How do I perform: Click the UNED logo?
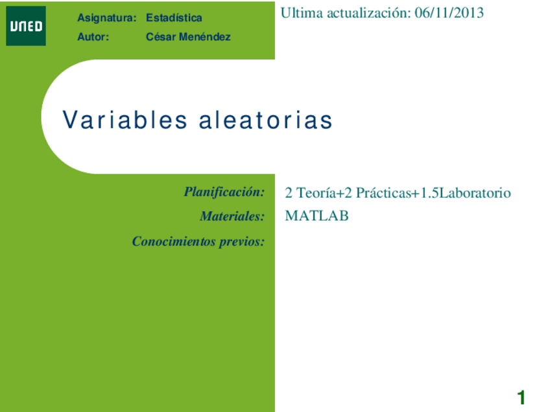(26, 26)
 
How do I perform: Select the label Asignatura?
(106, 18)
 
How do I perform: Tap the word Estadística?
(174, 18)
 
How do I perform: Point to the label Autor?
(93, 37)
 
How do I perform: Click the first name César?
(160, 37)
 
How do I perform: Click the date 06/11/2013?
(449, 13)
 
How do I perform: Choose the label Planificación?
(224, 192)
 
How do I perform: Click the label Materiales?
(232, 216)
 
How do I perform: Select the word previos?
(243, 242)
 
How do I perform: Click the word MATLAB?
(317, 216)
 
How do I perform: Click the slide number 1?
(521, 397)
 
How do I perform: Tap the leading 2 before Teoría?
(289, 193)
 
